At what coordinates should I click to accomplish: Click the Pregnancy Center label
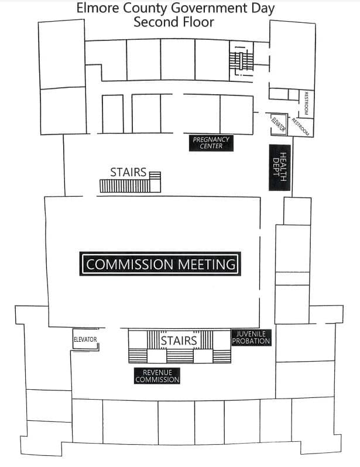(211, 143)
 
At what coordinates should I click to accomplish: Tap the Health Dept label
(280, 167)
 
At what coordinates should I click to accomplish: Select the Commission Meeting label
(160, 264)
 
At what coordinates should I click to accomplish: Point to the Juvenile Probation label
(251, 338)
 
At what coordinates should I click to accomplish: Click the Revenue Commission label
(157, 376)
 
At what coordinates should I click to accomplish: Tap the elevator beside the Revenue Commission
(85, 339)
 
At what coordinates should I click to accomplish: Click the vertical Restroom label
(306, 104)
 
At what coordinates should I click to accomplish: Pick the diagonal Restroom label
(300, 127)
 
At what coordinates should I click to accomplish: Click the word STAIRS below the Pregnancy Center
(128, 172)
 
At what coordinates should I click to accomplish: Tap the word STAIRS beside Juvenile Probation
(179, 341)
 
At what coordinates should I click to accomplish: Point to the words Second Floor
(174, 22)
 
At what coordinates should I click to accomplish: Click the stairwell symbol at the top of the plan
(241, 61)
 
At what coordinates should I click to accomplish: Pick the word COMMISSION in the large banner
(129, 264)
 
